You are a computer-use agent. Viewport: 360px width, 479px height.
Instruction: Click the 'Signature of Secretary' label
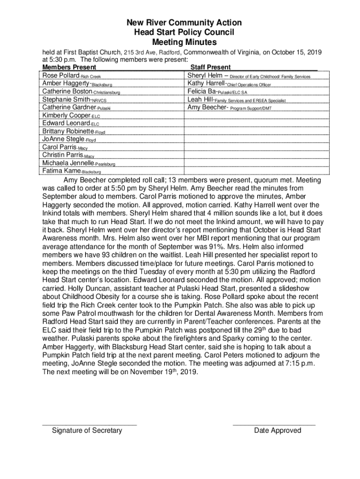[87, 430]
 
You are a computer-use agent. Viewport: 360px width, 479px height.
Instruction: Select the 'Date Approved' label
[278, 430]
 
